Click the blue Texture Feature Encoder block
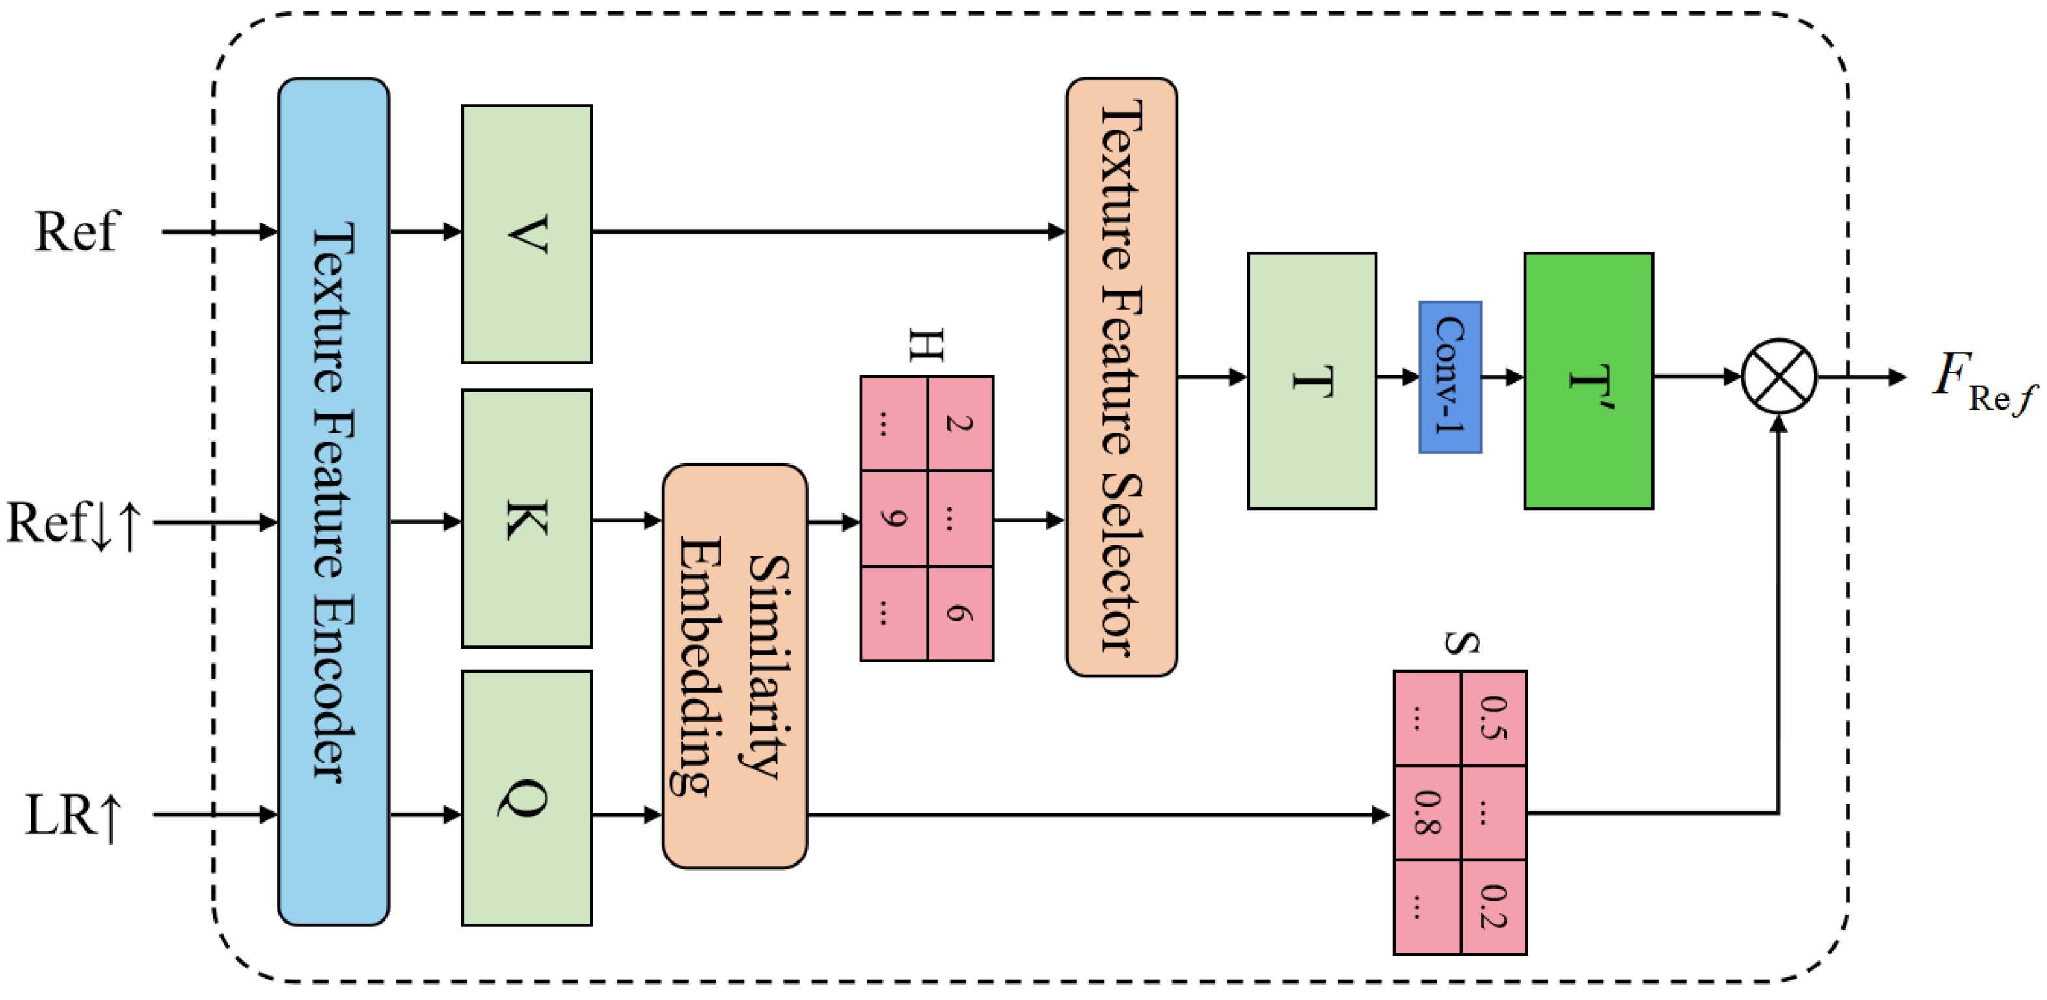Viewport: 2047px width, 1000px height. [x=333, y=501]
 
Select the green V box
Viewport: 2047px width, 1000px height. [x=527, y=234]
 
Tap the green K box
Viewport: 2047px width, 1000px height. [x=527, y=518]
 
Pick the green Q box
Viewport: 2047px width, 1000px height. [x=527, y=798]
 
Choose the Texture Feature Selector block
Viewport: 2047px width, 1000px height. [x=1121, y=377]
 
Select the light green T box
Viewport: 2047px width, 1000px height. [x=1312, y=381]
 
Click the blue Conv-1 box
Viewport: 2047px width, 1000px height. [x=1450, y=377]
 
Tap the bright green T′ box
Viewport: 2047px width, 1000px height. [x=1588, y=381]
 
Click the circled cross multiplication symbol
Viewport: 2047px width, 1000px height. [x=1779, y=377]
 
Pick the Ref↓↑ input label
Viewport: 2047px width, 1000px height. [x=73, y=522]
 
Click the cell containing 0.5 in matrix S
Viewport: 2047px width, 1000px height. [x=1494, y=718]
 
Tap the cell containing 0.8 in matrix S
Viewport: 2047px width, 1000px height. [x=1427, y=813]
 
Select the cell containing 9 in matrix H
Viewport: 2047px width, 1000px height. [x=893, y=519]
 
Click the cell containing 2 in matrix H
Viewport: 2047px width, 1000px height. [x=960, y=424]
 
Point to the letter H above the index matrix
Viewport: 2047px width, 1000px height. [x=927, y=345]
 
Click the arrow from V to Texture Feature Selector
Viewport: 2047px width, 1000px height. [x=826, y=231]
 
